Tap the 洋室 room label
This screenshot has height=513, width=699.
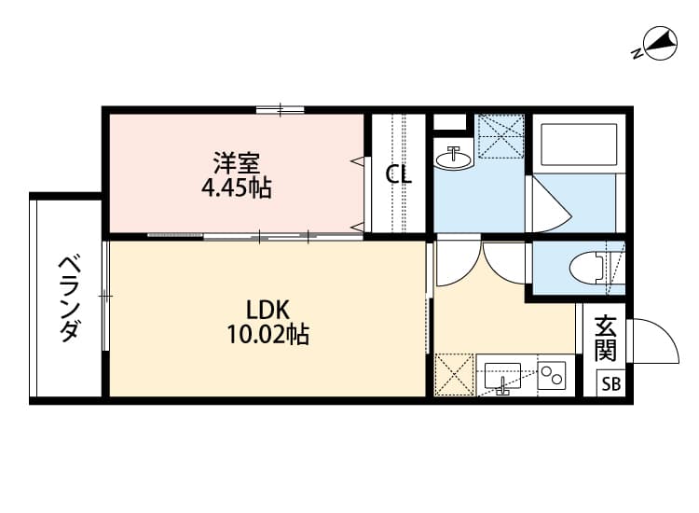236,162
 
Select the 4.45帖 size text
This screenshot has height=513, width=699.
236,187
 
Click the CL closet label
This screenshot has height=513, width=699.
400,174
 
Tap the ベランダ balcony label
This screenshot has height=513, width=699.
68,298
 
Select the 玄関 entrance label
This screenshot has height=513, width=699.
606,339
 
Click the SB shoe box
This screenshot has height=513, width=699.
610,383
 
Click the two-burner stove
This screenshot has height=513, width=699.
552,375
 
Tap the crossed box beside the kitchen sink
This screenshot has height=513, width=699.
455,375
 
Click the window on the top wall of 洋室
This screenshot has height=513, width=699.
281,110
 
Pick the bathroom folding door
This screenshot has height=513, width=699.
546,201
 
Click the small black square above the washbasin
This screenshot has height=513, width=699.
450,121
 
